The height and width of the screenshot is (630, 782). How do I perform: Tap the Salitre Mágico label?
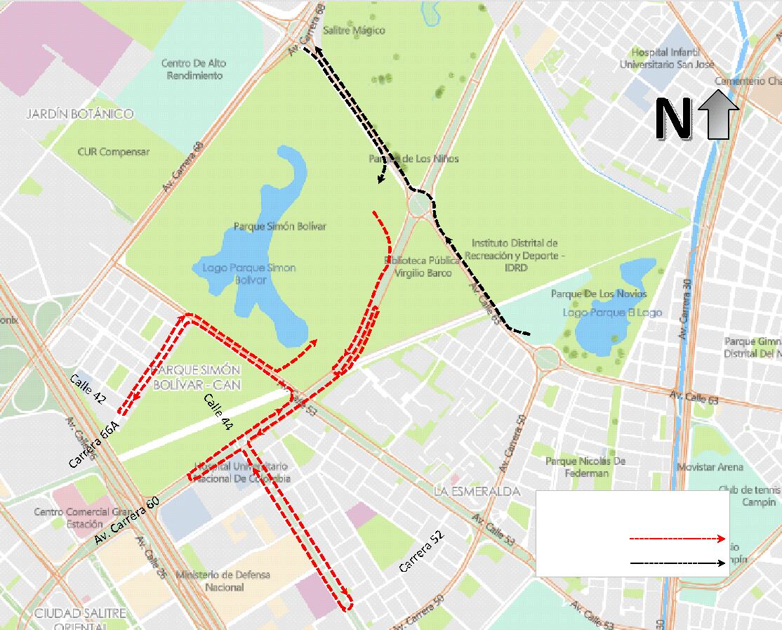354,31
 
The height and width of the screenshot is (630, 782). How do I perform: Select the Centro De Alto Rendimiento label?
194,69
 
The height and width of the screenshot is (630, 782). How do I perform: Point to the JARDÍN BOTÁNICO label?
79,114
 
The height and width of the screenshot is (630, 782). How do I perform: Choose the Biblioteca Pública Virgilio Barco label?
422,266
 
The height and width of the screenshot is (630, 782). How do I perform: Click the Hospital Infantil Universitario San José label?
666,58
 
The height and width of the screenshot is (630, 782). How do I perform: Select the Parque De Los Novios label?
599,294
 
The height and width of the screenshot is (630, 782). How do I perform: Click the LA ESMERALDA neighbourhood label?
477,492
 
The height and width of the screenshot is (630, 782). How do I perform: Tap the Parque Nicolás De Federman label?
585,467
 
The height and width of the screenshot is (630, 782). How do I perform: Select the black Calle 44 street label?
218,412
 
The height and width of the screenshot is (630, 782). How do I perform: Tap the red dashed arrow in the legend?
677,539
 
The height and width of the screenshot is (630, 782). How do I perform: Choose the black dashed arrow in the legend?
677,563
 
